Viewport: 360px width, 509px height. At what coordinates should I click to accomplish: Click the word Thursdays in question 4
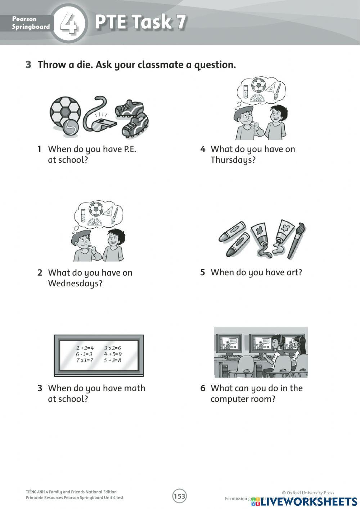click(233, 160)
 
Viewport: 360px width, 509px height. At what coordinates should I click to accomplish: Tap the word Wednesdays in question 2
click(75, 283)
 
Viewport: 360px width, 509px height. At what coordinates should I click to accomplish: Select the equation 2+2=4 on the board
click(85, 348)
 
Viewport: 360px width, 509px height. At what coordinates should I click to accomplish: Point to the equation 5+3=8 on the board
click(112, 360)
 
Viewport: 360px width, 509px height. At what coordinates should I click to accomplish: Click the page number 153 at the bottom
click(179, 496)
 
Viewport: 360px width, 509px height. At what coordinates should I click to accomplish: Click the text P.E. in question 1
click(130, 149)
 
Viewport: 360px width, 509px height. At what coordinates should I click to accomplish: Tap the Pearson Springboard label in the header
click(31, 23)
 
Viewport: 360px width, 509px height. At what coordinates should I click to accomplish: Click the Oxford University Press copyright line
click(308, 493)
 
